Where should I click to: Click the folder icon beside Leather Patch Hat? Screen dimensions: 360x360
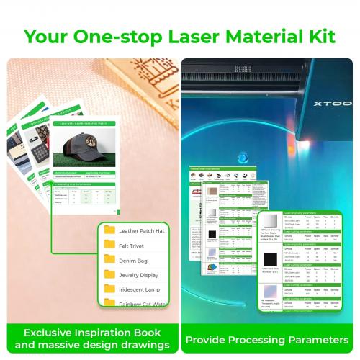pos(109,230)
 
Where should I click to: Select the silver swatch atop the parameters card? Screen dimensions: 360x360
pos(271,222)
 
